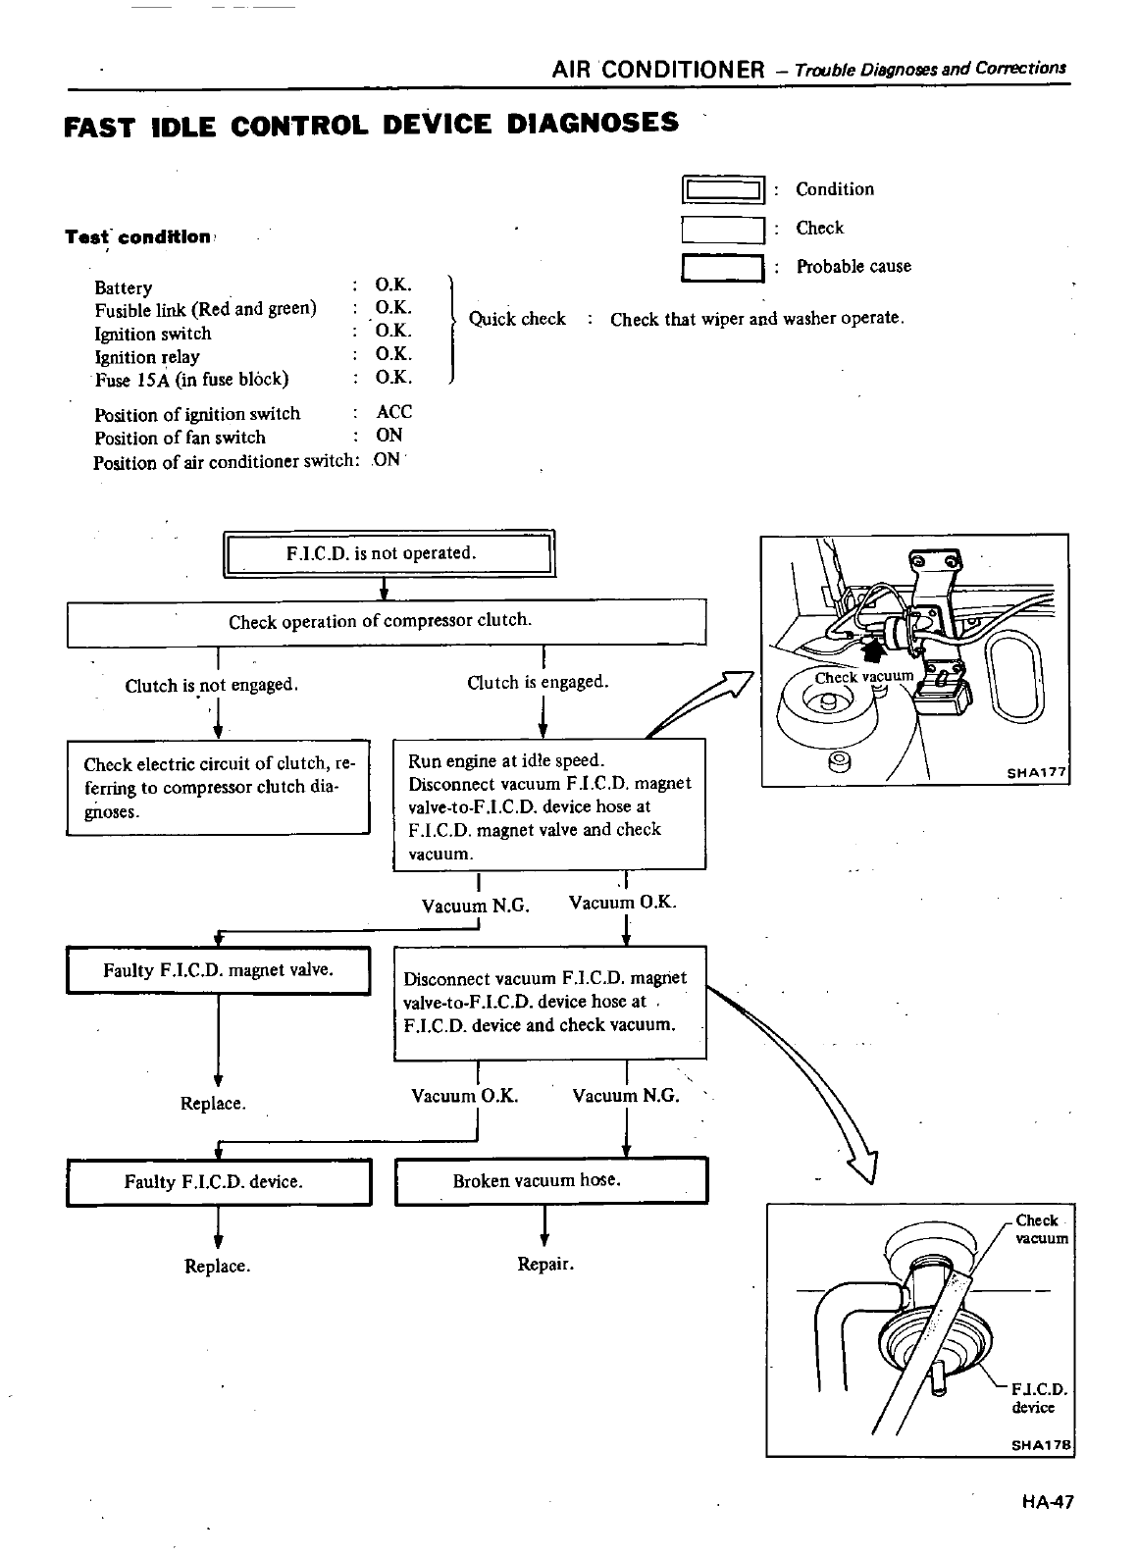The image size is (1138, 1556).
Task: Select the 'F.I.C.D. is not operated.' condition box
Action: (389, 553)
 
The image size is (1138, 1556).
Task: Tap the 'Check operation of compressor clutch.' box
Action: (387, 622)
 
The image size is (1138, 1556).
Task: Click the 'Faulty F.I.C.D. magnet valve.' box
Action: (218, 971)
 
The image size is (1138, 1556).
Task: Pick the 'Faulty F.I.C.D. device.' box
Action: (218, 1182)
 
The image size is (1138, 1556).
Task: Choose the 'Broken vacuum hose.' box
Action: (550, 1181)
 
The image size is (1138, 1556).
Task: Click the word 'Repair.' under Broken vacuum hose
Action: (545, 1265)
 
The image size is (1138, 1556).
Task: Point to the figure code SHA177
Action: (1036, 773)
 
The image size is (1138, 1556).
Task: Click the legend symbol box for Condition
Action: (723, 189)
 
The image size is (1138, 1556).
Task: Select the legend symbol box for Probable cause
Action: (723, 267)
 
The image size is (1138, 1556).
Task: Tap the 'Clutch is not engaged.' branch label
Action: (211, 686)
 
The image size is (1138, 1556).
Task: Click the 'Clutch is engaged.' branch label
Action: (538, 682)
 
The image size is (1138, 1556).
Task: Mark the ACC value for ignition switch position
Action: (393, 413)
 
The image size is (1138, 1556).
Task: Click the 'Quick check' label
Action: (517, 319)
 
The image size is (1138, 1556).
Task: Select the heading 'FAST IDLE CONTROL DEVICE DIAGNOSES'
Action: (370, 125)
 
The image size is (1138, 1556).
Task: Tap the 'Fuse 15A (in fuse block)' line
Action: (191, 380)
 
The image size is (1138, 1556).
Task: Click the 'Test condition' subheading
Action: (137, 237)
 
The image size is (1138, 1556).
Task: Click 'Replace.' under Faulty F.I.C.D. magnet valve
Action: (213, 1104)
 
